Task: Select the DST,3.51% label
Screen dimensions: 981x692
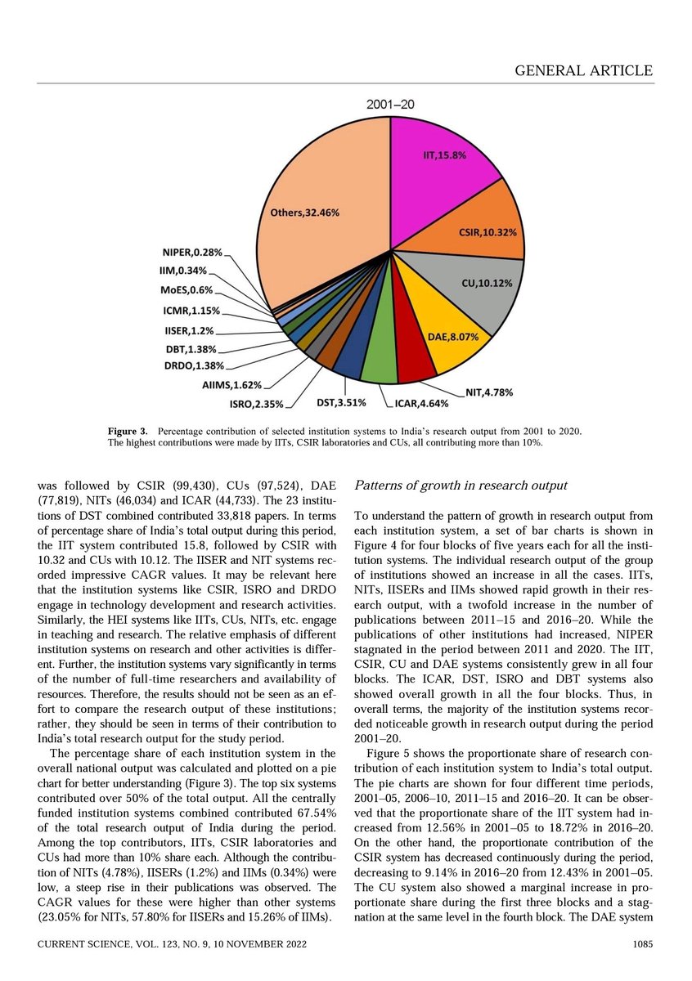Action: click(341, 402)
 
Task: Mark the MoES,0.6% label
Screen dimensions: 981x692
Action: click(186, 290)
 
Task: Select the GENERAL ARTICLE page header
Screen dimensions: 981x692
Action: click(584, 71)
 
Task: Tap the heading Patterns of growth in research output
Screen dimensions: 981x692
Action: click(460, 486)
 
